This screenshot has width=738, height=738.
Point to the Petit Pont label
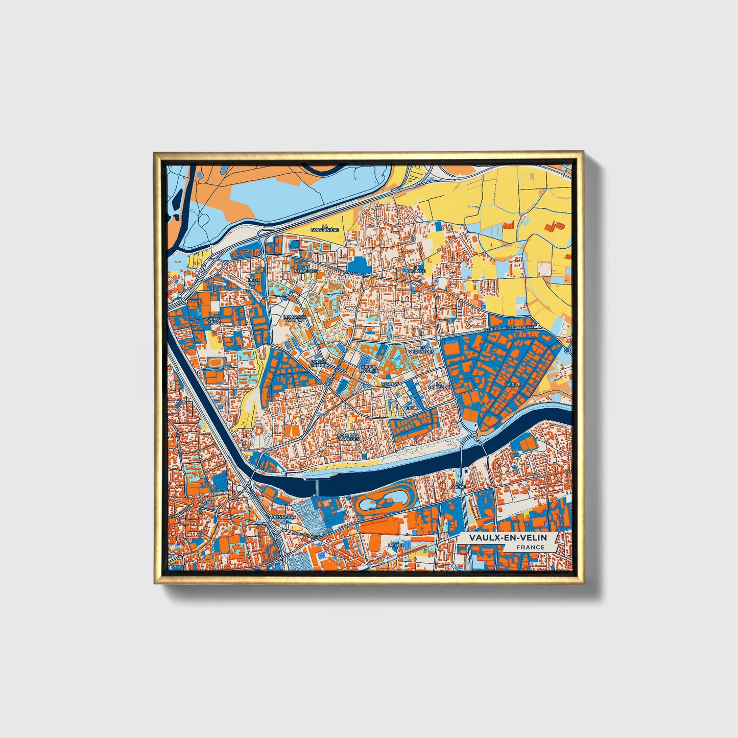pyautogui.click(x=254, y=281)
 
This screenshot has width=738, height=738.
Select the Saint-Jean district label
pyautogui.click(x=213, y=321)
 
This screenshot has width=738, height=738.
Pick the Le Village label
pyautogui.click(x=419, y=269)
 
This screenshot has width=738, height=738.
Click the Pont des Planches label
pyautogui.click(x=348, y=437)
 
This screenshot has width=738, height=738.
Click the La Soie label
pyautogui.click(x=393, y=545)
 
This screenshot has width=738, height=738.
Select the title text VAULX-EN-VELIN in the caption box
pyautogui.click(x=508, y=538)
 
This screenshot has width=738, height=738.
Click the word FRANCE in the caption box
pyautogui.click(x=530, y=547)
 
